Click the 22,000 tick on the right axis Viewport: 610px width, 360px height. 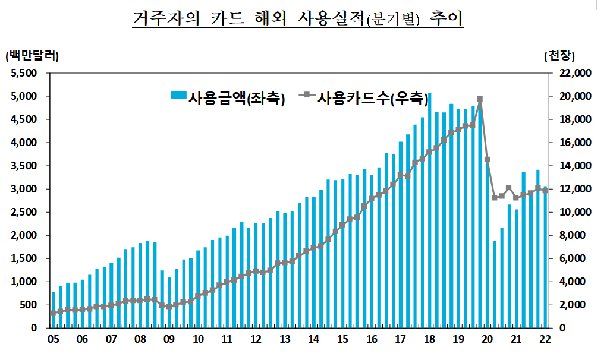[573, 73]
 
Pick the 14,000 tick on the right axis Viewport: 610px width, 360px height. [573, 166]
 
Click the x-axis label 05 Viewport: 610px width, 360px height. [53, 339]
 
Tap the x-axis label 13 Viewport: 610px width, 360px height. [285, 339]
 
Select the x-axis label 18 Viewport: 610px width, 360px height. [429, 339]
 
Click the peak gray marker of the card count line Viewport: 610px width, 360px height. [480, 100]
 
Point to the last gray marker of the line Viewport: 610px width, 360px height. [545, 191]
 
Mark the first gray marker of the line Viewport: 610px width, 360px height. [53, 313]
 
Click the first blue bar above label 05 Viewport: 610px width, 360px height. [53, 310]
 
